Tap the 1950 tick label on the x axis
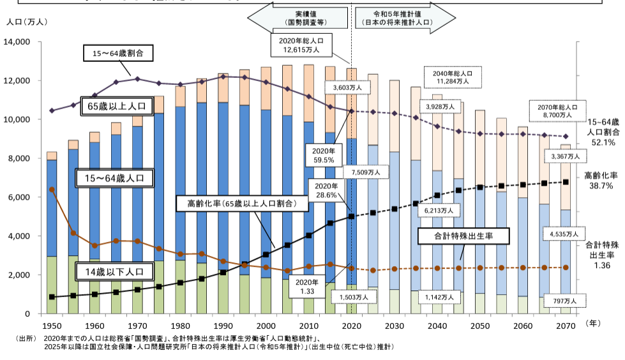52,326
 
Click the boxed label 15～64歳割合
118,54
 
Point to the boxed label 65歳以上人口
117,107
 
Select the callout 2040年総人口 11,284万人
452,77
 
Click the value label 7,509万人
365,172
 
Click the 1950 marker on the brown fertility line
52,190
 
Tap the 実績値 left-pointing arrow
297,19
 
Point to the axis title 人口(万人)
26,21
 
